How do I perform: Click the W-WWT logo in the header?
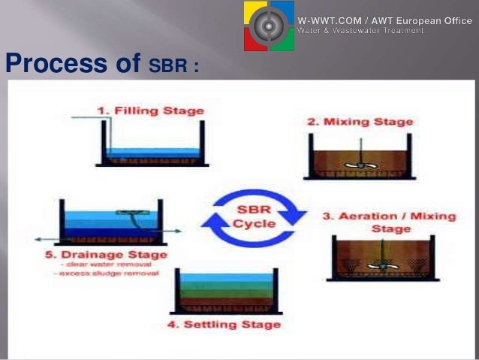[268, 26]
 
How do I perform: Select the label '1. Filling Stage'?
[151, 110]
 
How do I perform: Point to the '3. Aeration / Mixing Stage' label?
[389, 222]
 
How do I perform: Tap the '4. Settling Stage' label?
[224, 325]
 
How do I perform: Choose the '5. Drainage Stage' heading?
[105, 255]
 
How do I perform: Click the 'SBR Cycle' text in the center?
[254, 216]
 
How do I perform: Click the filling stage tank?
[154, 147]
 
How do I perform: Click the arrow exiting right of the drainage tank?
[171, 231]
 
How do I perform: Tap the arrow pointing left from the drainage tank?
[45, 239]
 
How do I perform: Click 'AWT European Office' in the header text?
[427, 21]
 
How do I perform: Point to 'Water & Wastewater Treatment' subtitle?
[360, 31]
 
